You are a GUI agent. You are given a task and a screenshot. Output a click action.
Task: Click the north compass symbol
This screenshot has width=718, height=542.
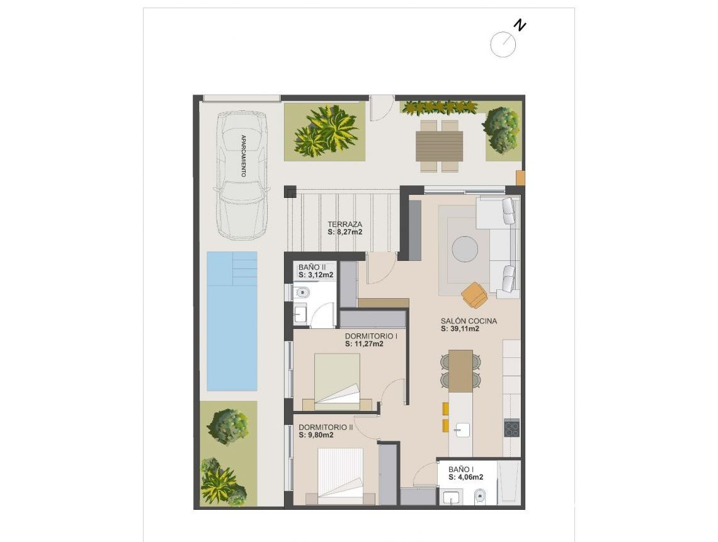point(504,43)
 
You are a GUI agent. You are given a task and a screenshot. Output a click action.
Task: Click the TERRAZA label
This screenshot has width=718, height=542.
point(345,224)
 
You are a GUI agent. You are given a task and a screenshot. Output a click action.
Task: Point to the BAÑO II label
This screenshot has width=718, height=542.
point(313,267)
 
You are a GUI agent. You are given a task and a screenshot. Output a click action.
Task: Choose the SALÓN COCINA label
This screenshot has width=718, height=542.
point(469,321)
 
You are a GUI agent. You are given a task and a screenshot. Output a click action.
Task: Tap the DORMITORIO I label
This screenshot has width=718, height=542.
point(371,336)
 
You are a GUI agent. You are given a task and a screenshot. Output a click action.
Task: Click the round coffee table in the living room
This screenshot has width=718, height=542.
point(465,248)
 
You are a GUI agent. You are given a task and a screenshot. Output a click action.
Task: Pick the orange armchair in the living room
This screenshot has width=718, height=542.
point(474,294)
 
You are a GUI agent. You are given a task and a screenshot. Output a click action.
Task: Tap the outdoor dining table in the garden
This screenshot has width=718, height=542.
point(439,146)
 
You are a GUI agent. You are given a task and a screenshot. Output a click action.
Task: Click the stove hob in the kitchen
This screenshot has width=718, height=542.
point(511,429)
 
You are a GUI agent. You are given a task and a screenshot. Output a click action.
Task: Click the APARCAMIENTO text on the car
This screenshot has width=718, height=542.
point(242,155)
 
